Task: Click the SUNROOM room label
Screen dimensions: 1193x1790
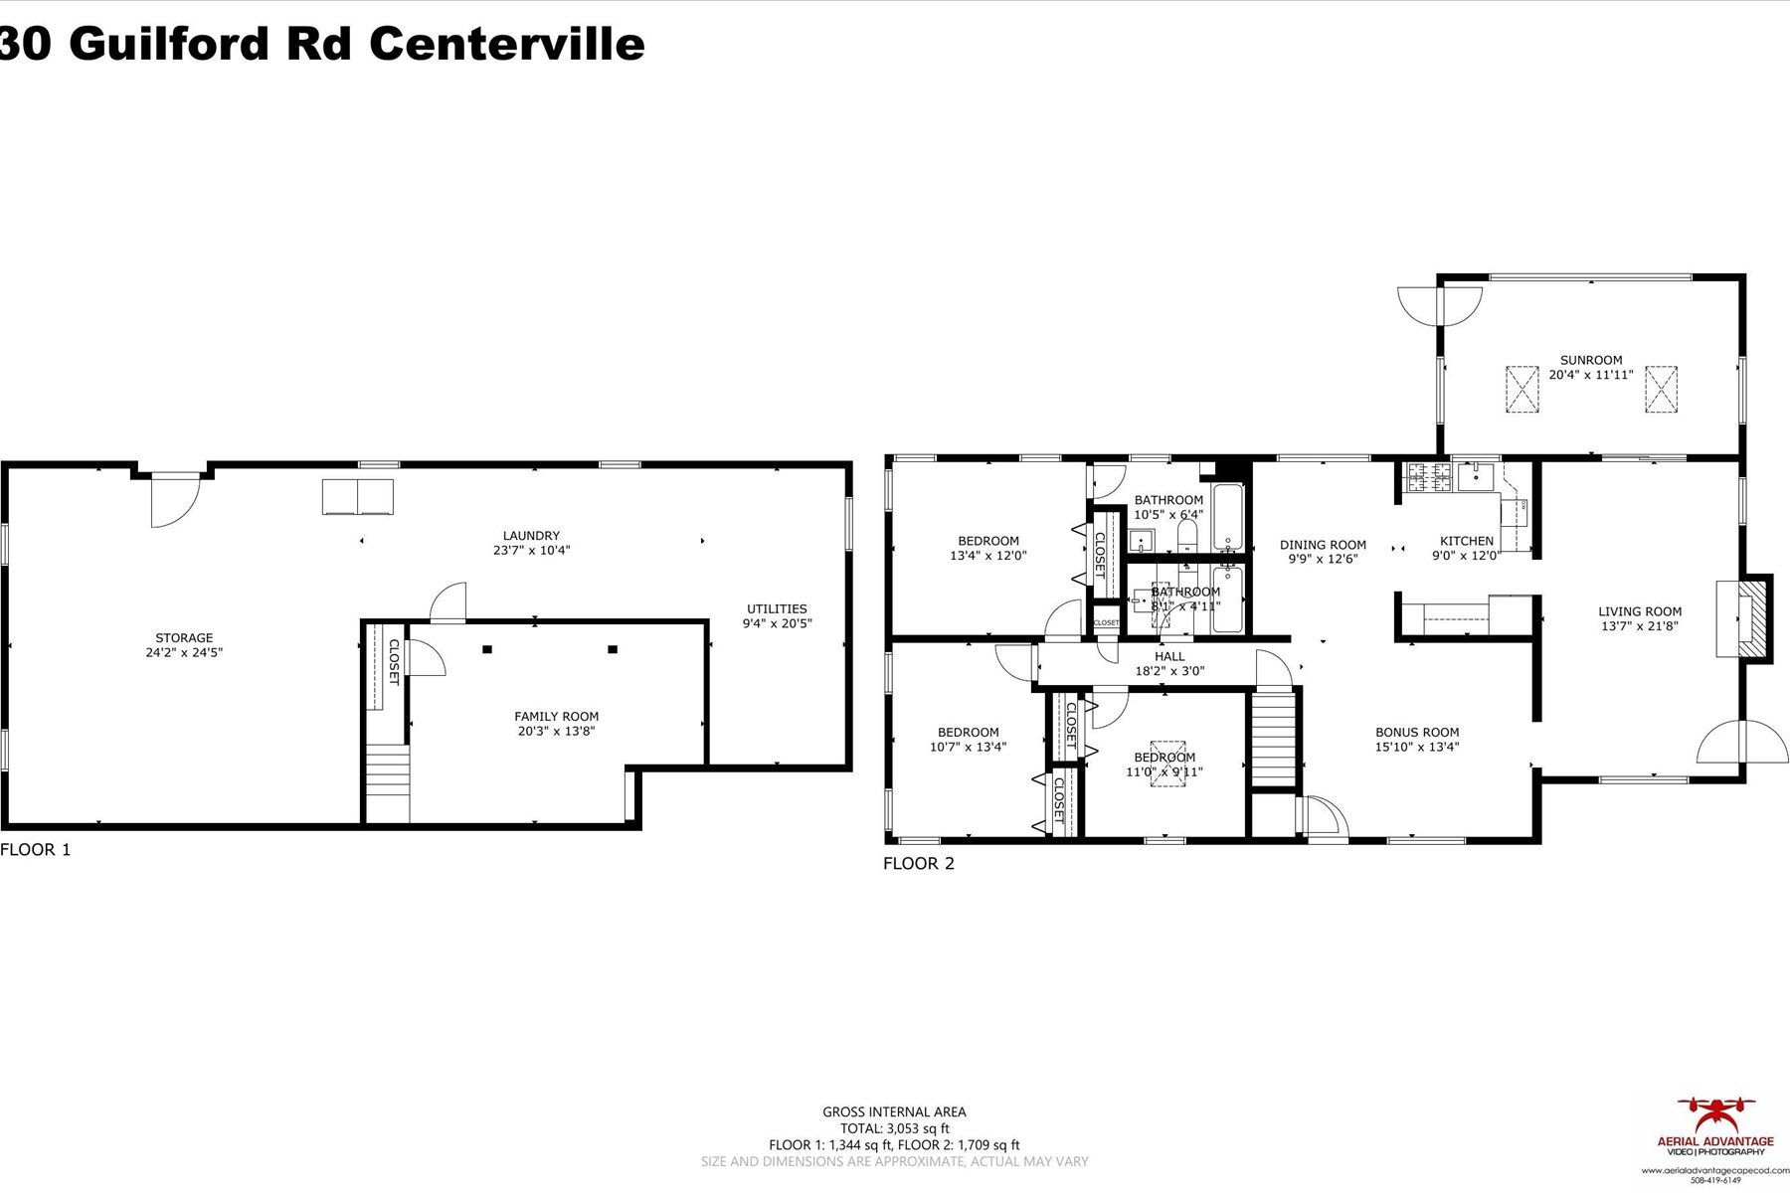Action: point(1590,360)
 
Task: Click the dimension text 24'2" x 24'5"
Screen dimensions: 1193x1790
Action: point(184,653)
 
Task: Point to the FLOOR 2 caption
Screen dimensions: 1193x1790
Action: point(918,864)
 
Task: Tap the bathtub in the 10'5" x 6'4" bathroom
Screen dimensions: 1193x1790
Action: point(1228,517)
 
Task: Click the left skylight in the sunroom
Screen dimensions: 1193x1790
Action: point(1521,389)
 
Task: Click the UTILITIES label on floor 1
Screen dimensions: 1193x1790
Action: point(777,608)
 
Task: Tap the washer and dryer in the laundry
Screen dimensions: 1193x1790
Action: point(357,497)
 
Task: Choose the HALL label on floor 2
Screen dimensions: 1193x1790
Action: point(1169,656)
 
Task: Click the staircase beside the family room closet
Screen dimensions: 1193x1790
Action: point(388,781)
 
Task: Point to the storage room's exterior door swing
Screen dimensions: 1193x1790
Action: point(173,499)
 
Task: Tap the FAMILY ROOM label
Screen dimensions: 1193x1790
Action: point(556,716)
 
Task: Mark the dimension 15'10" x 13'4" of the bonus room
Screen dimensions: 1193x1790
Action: point(1417,748)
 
